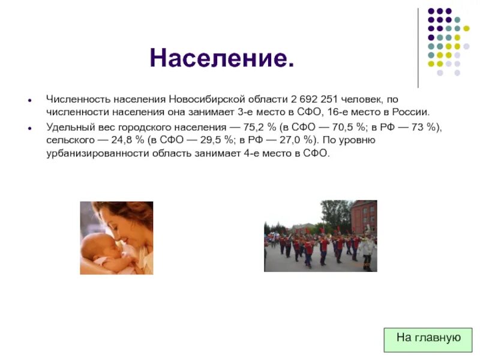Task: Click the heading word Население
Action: [222, 58]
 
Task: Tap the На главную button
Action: [428, 338]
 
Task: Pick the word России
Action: [411, 112]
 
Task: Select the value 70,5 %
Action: [344, 127]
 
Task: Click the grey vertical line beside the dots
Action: [418, 48]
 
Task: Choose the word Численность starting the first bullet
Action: [75, 99]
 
